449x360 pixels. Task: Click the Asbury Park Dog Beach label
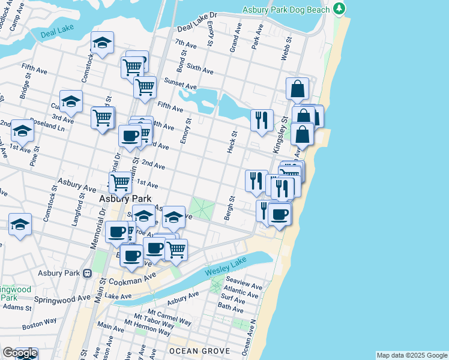(286, 10)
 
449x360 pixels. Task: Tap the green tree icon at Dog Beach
(340, 8)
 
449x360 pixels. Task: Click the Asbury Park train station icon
(87, 274)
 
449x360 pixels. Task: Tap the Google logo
(19, 353)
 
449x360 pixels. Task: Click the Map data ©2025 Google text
(412, 355)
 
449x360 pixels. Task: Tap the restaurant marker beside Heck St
(261, 119)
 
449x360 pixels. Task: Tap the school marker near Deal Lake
(102, 42)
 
